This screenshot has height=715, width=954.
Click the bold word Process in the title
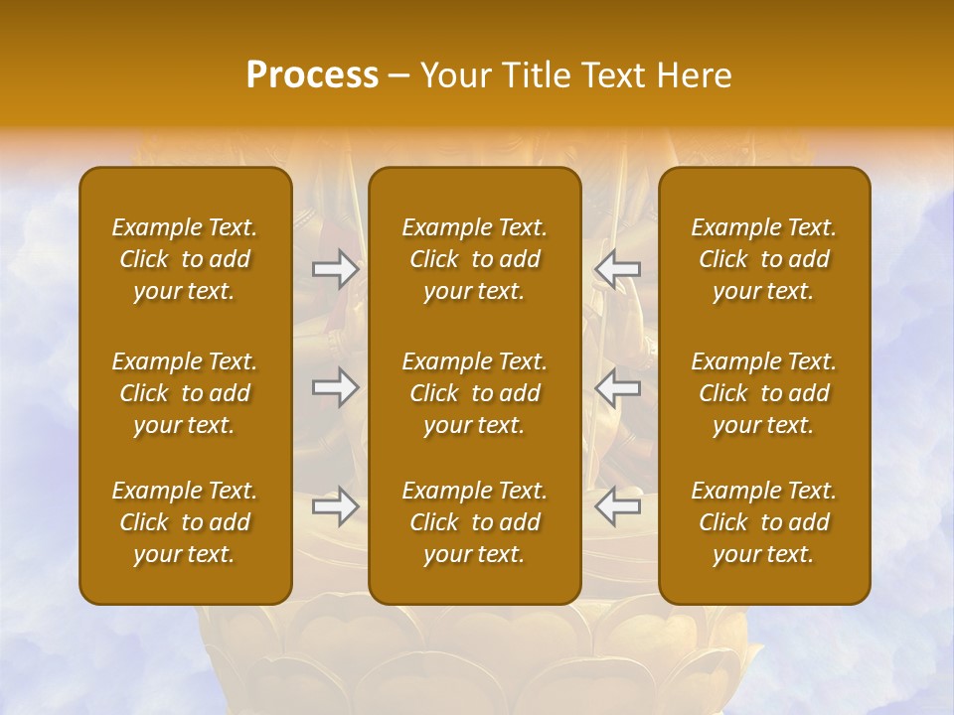click(312, 75)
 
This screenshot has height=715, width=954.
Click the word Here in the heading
click(696, 75)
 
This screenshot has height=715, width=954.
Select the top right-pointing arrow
click(336, 269)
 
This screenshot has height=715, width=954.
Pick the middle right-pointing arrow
click(336, 387)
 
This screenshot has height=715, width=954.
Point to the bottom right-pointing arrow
click(336, 506)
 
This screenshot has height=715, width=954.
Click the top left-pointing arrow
click(617, 269)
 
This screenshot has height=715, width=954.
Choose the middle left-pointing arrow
click(617, 387)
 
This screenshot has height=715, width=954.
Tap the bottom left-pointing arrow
click(617, 506)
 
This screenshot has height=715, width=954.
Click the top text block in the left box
click(185, 259)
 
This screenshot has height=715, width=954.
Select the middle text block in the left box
click(185, 393)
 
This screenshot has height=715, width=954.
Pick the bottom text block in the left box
click(185, 522)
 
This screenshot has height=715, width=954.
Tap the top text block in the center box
click(475, 259)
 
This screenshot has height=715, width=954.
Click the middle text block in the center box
click(475, 393)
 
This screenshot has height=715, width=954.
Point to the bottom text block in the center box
click(475, 522)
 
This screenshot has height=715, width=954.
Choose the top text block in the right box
click(764, 259)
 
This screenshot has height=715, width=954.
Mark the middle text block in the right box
click(764, 393)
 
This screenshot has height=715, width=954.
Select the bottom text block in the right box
click(764, 522)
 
